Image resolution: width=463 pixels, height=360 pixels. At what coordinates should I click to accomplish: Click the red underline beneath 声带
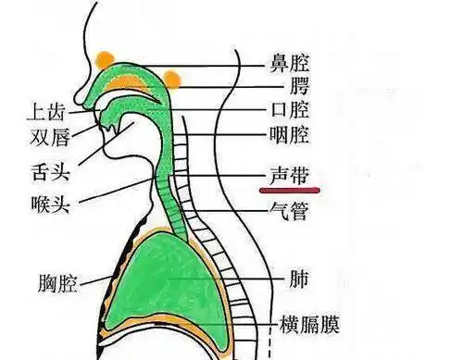[288, 191]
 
